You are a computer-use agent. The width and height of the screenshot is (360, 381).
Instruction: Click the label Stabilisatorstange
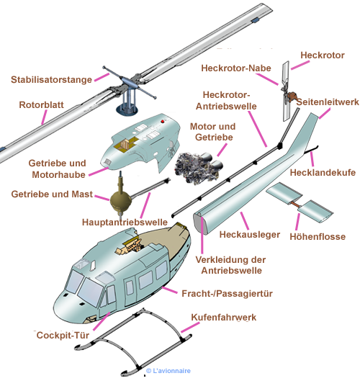pos(52,80)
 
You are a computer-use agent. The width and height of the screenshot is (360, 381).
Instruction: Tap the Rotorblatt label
pos(41,105)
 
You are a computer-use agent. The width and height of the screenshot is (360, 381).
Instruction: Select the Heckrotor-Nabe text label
pos(236,68)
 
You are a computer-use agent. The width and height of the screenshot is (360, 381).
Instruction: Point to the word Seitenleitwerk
pos(328,102)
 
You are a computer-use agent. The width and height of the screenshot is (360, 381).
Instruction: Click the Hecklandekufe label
pos(323,173)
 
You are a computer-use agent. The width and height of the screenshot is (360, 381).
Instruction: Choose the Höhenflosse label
pos(318,236)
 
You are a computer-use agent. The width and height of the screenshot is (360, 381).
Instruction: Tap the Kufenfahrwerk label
pos(223,318)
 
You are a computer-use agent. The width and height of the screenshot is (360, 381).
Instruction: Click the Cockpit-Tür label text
pos(63,336)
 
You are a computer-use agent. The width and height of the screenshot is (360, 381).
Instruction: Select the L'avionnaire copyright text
pos(168,371)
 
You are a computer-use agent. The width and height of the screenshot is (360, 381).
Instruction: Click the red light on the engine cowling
pos(162,122)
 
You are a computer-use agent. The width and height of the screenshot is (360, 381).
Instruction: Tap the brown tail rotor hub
pos(292,96)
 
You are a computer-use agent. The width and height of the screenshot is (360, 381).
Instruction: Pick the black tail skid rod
pos(311,149)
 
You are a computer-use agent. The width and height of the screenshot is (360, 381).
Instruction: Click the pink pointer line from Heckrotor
pos(300,65)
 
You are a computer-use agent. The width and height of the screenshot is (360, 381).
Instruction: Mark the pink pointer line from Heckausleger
pos(245,221)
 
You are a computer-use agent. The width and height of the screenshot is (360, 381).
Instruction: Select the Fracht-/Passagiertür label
pos(227,294)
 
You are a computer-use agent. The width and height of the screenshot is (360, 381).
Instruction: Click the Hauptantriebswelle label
pos(125,222)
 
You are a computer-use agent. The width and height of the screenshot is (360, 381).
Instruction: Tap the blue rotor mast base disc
pos(127,109)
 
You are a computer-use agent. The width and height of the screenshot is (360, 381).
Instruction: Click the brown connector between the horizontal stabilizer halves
pos(296,205)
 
